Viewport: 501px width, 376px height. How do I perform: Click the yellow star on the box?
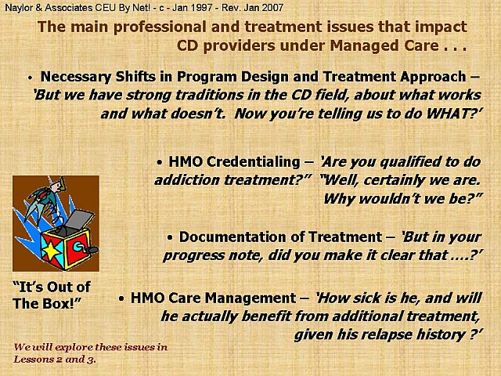[x=52, y=251]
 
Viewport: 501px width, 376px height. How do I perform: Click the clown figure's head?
[x=57, y=185]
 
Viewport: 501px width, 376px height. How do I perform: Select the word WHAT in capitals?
[x=448, y=114]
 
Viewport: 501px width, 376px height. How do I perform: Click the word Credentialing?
[x=254, y=162]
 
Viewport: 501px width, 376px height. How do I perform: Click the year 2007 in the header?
[x=273, y=8]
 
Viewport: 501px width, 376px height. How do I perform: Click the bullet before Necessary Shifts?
[x=30, y=78]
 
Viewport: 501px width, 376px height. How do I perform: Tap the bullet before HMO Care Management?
[x=121, y=298]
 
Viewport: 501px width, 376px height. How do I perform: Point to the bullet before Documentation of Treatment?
[x=170, y=237]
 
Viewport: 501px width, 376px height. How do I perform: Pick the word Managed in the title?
[x=364, y=45]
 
